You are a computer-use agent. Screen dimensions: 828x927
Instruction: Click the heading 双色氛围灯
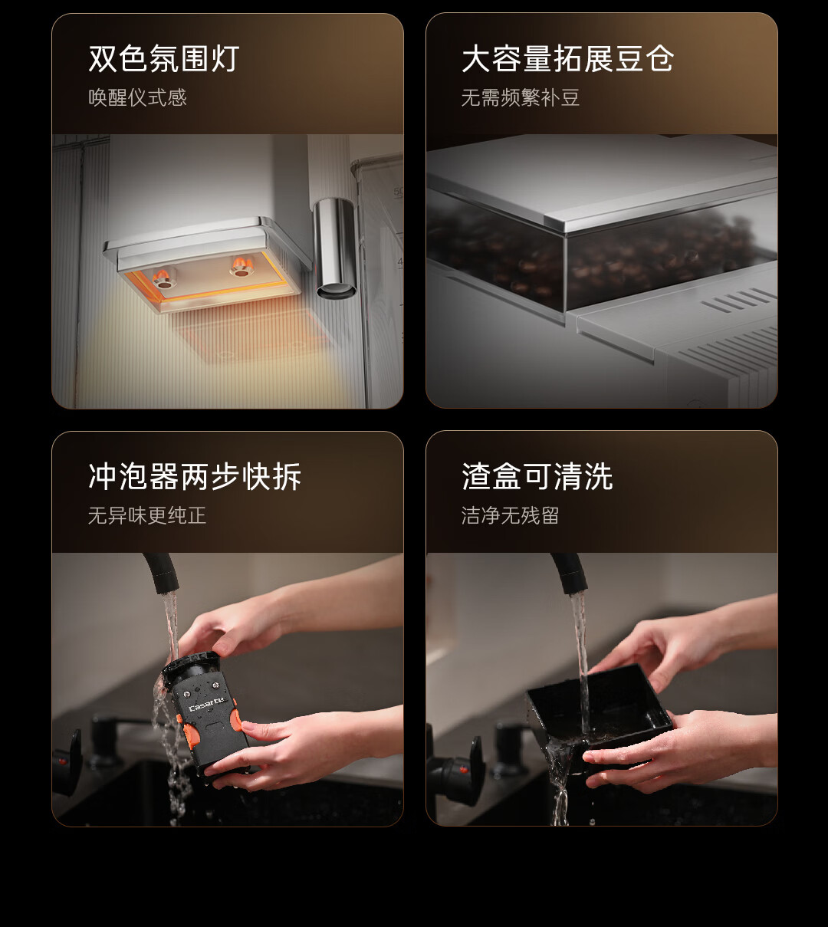tap(164, 58)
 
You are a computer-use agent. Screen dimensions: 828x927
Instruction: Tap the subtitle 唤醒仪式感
tap(137, 97)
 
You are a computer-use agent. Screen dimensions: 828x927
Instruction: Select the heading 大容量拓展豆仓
tap(567, 58)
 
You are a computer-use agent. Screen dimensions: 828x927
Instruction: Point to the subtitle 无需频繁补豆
tap(520, 97)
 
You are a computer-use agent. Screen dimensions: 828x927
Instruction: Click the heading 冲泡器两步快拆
tap(195, 476)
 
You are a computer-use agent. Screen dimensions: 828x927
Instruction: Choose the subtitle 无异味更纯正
tap(147, 516)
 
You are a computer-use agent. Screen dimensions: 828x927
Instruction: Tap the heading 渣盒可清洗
tap(537, 476)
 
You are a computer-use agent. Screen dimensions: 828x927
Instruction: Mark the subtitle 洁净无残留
tap(510, 516)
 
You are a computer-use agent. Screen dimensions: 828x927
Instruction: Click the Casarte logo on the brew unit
tap(207, 704)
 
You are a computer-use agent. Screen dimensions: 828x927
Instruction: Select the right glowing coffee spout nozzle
tap(241, 267)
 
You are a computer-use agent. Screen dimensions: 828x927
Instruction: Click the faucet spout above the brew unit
tap(160, 573)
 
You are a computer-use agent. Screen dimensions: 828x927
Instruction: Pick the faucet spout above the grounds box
tap(570, 573)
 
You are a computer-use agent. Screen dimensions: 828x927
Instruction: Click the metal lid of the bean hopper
tap(604, 183)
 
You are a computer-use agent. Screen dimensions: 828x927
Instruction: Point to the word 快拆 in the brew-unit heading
tap(271, 476)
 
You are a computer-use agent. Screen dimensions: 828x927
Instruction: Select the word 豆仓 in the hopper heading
tap(645, 58)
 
